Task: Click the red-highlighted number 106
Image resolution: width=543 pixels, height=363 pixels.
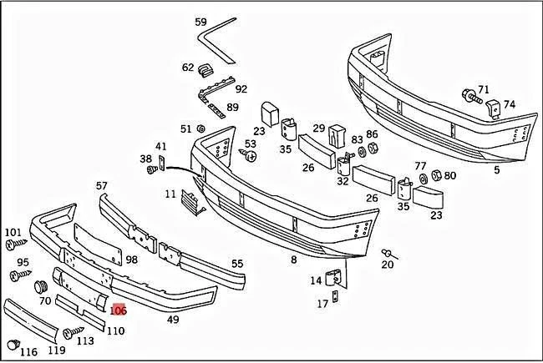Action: [x=118, y=310]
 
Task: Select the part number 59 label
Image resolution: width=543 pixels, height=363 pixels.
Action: [x=200, y=22]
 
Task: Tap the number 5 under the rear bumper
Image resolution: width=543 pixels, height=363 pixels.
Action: [x=496, y=170]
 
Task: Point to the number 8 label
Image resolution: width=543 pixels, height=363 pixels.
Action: [x=293, y=260]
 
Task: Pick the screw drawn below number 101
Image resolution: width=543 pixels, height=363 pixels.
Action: [x=16, y=245]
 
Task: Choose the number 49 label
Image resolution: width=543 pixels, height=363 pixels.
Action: [x=173, y=319]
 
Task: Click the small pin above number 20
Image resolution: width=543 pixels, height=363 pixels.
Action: [x=387, y=251]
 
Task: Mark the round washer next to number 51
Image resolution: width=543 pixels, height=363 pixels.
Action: [x=201, y=129]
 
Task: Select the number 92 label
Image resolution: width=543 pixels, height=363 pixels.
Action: [x=241, y=88]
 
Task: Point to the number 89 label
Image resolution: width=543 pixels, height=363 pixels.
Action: [x=232, y=107]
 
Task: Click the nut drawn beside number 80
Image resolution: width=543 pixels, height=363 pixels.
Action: [x=435, y=176]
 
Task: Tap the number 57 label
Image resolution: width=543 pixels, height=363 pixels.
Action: [x=102, y=185]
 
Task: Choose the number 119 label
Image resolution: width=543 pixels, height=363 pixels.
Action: [x=56, y=350]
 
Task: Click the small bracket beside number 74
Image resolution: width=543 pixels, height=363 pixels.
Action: [x=493, y=107]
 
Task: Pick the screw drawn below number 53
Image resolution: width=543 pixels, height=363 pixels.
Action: [x=250, y=154]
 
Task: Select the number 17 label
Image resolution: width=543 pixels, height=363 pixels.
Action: [x=322, y=305]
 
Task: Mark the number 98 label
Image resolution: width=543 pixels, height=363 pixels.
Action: [x=131, y=260]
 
